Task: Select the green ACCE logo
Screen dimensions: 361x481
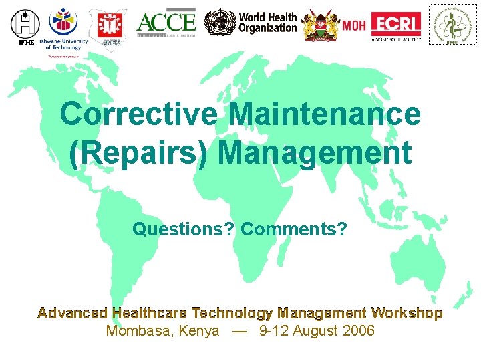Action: (x=166, y=24)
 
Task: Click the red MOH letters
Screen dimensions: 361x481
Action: (x=354, y=26)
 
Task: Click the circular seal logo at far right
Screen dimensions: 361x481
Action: (x=452, y=25)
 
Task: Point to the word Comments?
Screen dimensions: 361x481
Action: (x=294, y=230)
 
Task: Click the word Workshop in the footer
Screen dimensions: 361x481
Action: (x=407, y=313)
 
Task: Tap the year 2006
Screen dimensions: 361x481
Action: (x=359, y=331)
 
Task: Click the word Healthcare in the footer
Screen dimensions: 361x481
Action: (x=150, y=313)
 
